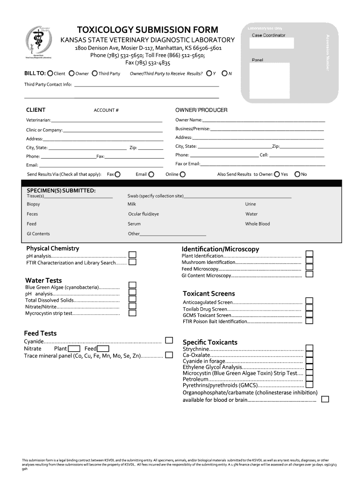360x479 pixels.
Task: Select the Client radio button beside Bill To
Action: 50,73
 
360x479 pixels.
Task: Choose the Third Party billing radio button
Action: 95,73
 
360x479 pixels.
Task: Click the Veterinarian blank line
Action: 107,122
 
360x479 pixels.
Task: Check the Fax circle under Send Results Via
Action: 117,174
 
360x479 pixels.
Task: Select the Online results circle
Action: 182,174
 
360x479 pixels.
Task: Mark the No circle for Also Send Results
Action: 297,174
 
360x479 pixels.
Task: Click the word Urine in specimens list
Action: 251,204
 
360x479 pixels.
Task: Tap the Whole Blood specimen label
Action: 258,224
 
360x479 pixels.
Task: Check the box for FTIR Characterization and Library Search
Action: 132,262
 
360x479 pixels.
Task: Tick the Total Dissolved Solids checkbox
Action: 132,299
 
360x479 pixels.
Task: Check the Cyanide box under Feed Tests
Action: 169,341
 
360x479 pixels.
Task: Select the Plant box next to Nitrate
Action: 74,348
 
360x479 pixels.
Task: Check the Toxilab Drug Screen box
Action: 309,308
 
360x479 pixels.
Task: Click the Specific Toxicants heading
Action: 210,342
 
